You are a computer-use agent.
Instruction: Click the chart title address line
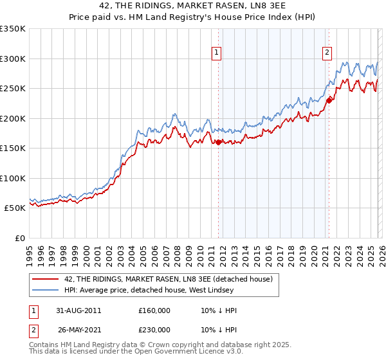pos(193,6)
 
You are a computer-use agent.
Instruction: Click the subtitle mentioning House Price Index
pos(193,17)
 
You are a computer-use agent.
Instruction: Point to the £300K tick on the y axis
pos(13,59)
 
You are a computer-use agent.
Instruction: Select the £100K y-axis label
pos(13,178)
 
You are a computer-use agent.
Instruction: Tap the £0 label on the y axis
pos(19,238)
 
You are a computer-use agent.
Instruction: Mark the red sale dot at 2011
pos(219,142)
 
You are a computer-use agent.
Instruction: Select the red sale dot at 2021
pos(329,100)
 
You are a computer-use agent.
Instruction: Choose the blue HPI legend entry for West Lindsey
pos(161,290)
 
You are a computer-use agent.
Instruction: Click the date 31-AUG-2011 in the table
pos(80,310)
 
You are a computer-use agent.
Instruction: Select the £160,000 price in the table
pos(154,310)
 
